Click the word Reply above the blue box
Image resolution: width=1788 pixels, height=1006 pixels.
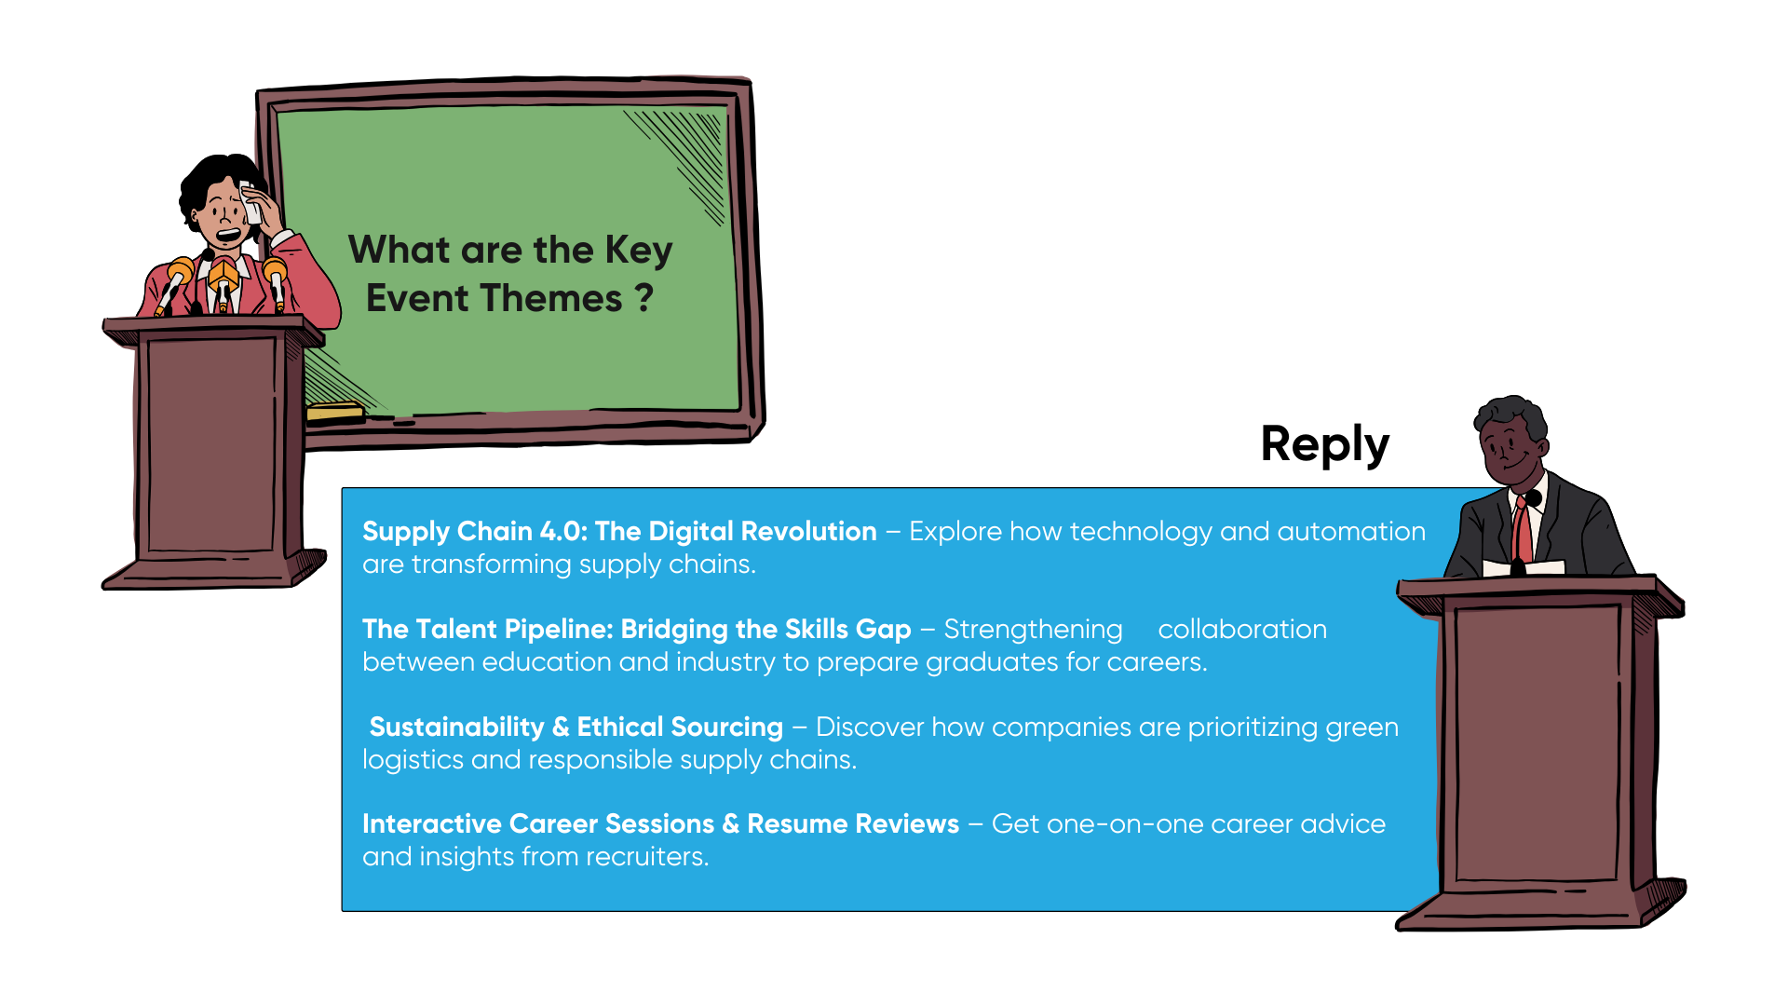1324,445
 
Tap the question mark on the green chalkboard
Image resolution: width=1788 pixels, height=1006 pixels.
643,298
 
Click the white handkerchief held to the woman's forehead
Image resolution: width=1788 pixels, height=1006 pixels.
250,203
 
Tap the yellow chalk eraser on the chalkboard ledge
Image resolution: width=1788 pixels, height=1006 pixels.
334,412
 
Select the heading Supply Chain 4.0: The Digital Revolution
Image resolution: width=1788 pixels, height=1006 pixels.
619,531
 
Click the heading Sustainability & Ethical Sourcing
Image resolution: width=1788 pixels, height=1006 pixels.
576,727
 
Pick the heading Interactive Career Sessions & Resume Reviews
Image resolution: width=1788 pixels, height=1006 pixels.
660,823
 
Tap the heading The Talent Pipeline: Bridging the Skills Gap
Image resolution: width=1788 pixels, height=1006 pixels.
637,630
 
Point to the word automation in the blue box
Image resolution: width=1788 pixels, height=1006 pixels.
1351,532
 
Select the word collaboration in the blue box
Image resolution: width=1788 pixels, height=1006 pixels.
1242,630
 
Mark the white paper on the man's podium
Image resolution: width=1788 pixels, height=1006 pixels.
1524,567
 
